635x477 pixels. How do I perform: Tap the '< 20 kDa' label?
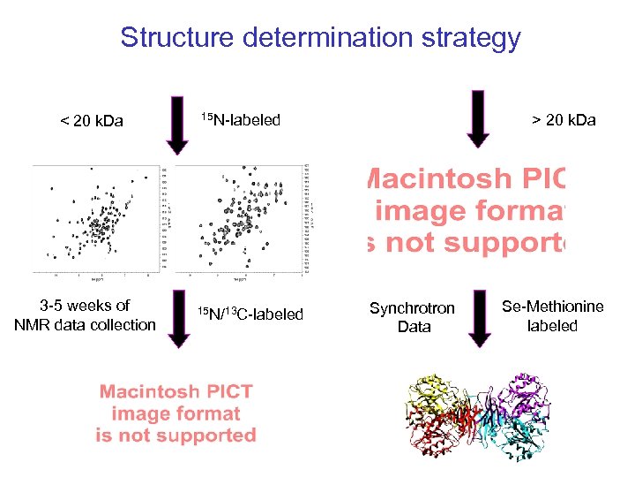[x=92, y=121]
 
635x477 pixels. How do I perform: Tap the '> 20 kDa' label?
[x=563, y=119]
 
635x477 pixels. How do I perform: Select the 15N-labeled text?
[x=241, y=119]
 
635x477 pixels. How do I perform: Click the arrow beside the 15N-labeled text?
[x=176, y=122]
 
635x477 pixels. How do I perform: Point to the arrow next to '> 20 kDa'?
[x=477, y=117]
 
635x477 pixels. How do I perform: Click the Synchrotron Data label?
[x=412, y=317]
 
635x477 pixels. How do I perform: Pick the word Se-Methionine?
[x=553, y=307]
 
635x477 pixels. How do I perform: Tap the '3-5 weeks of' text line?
[x=85, y=306]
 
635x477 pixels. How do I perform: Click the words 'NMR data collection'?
[x=85, y=325]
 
